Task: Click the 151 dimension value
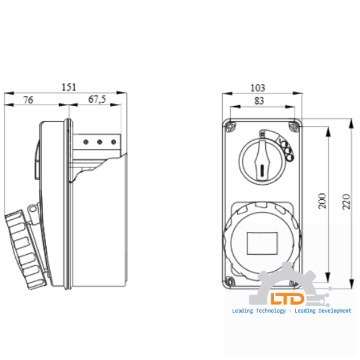[69, 87]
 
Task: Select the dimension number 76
[29, 99]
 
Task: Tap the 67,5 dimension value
[97, 99]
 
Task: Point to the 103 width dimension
[257, 87]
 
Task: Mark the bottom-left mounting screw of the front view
[230, 280]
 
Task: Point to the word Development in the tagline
[331, 311]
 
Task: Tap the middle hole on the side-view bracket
[99, 141]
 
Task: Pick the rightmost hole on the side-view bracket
[113, 141]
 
